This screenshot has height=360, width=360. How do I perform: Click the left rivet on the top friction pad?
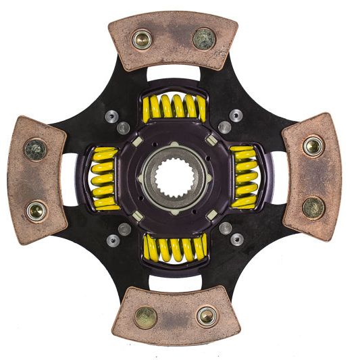142,39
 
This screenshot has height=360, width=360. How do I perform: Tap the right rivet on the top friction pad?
204,38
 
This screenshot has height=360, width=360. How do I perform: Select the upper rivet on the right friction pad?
312,145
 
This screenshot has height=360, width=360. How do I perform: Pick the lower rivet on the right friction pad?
313,207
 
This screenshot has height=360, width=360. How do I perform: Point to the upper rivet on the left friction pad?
35,149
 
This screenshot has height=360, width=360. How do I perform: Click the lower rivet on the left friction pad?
36,211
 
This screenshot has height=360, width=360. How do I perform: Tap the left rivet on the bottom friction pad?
145,317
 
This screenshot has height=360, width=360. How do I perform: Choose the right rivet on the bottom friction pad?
207,316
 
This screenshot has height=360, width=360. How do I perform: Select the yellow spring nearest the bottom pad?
175,248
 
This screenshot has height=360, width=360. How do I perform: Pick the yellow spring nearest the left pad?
104,178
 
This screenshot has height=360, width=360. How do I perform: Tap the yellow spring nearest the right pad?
245,177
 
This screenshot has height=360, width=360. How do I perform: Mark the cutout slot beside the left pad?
68,180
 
